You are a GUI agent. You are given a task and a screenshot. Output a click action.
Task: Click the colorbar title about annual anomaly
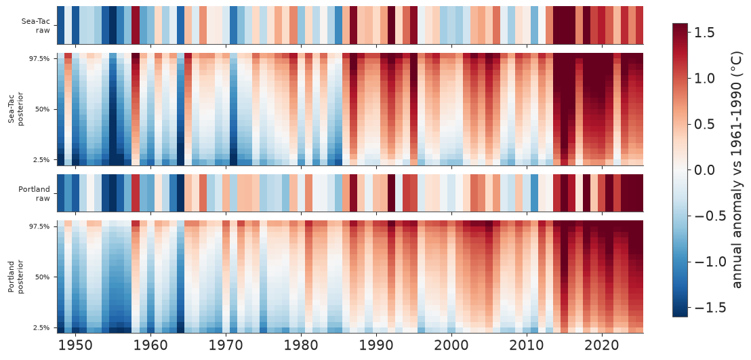pyautogui.click(x=738, y=170)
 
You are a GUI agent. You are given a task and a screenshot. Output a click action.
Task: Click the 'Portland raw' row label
pyautogui.click(x=35, y=193)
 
